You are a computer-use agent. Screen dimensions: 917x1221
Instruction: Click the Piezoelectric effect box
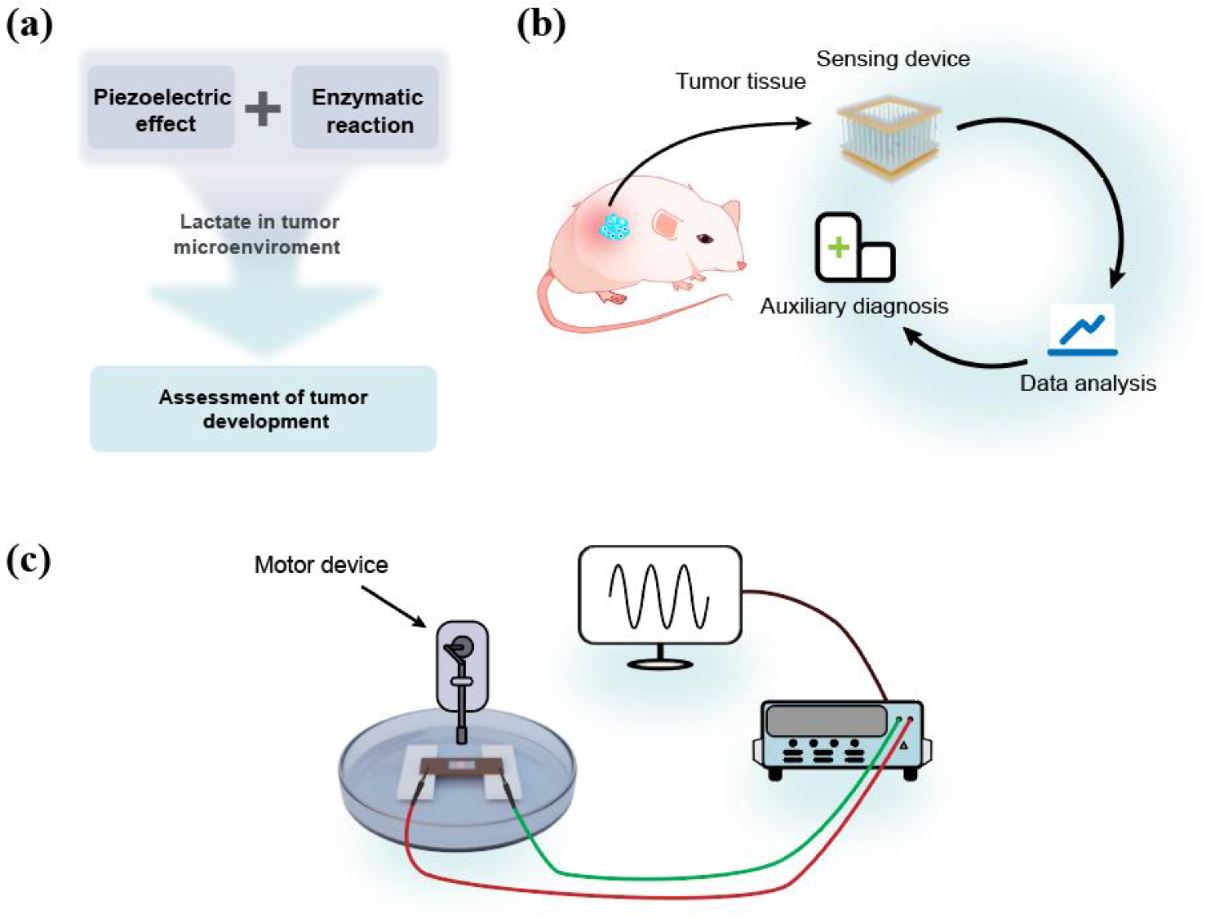pyautogui.click(x=161, y=108)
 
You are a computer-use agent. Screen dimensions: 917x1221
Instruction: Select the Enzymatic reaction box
pyautogui.click(x=365, y=108)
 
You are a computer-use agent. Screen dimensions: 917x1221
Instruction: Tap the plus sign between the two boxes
pyautogui.click(x=263, y=109)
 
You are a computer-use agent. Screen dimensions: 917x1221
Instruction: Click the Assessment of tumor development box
pyautogui.click(x=263, y=409)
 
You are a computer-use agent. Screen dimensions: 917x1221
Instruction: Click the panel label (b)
pyautogui.click(x=541, y=25)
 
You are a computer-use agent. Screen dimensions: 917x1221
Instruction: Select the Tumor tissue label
pyautogui.click(x=740, y=81)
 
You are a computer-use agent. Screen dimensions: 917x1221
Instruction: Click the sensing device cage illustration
pyautogui.click(x=890, y=138)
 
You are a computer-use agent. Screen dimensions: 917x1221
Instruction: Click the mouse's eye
pyautogui.click(x=705, y=238)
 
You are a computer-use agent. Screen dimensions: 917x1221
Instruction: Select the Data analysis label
pyautogui.click(x=1088, y=383)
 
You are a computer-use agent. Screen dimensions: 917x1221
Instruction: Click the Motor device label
pyautogui.click(x=321, y=565)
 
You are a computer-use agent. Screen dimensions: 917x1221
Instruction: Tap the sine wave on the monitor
pyautogui.click(x=658, y=596)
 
